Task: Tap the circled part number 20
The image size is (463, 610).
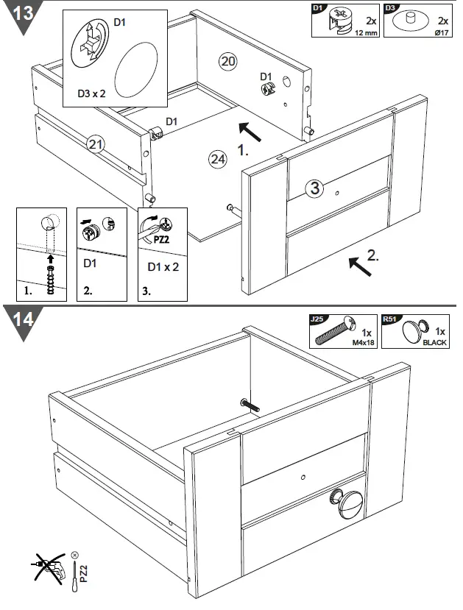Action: pyautogui.click(x=228, y=61)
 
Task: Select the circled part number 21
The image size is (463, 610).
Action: pyautogui.click(x=94, y=144)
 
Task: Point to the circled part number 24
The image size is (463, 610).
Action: pyautogui.click(x=217, y=159)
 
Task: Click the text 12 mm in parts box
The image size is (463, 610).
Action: pyautogui.click(x=366, y=34)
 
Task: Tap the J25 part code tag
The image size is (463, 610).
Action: pyautogui.click(x=317, y=319)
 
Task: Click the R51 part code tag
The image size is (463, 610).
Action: pyautogui.click(x=390, y=319)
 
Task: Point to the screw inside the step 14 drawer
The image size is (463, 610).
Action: pyautogui.click(x=250, y=404)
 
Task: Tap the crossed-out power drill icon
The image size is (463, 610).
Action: pyautogui.click(x=47, y=571)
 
